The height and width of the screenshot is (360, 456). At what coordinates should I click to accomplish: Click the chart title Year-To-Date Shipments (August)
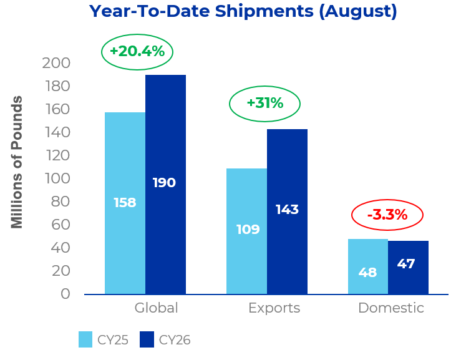[243, 12]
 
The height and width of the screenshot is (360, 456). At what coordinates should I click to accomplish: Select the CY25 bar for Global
[125, 203]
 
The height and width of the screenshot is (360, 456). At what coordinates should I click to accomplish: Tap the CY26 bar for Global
[165, 184]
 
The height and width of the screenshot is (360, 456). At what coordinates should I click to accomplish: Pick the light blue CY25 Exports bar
[246, 231]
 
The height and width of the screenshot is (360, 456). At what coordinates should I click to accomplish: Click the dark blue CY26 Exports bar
[287, 212]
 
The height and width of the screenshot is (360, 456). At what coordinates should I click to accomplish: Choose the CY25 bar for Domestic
[368, 266]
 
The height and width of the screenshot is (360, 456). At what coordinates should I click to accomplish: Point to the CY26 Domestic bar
[408, 267]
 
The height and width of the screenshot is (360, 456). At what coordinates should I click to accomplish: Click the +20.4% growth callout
[137, 52]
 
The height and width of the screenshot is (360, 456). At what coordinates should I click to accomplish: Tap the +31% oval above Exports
[264, 104]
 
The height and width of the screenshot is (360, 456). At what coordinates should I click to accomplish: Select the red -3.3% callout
[387, 215]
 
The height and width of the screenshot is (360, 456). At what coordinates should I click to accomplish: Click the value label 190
[164, 183]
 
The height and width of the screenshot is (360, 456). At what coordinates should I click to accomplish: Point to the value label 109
[248, 230]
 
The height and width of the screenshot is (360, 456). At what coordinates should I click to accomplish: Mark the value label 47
[406, 264]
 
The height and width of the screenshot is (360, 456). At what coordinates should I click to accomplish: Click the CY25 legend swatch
[85, 339]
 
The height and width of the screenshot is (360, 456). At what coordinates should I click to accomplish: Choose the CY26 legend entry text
[175, 340]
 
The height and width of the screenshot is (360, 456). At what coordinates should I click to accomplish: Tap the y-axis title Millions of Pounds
[17, 162]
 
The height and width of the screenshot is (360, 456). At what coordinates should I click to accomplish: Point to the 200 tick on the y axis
[56, 63]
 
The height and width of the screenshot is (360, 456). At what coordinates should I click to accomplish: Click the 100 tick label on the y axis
[57, 178]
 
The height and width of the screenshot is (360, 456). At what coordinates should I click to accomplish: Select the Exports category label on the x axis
[274, 308]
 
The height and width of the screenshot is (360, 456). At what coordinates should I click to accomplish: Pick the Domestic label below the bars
[391, 308]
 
